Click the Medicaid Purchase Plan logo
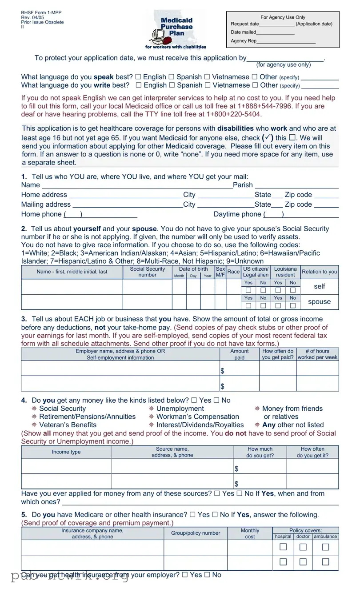176,30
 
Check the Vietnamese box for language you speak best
207,77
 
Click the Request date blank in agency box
276,24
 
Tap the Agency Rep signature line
286,41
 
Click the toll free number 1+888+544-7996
265,106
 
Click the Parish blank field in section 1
296,185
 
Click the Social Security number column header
147,272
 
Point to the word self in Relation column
319,287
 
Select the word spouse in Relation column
319,302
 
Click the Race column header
233,272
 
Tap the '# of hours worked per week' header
317,354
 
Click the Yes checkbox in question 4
194,401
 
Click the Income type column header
66,452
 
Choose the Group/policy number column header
196,533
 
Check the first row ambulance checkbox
325,547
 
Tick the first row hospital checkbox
283,547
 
